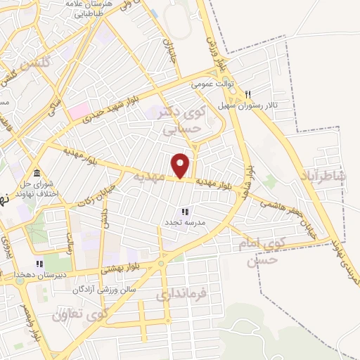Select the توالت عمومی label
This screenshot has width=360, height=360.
(x=213, y=83)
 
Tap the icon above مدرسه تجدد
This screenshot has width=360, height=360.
(x=185, y=212)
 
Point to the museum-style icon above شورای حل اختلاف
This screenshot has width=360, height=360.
(x=36, y=174)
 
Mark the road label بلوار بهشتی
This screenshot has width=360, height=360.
(x=120, y=268)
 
